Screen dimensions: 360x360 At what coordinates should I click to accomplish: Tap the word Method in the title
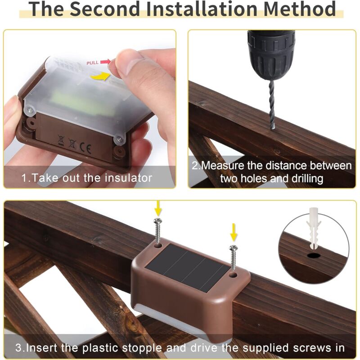tap(299, 9)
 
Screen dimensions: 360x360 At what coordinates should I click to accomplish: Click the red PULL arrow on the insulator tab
tap(105, 62)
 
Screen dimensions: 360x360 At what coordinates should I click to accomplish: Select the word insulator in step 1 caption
tap(125, 178)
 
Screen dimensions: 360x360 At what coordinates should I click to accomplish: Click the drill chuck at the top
tap(270, 54)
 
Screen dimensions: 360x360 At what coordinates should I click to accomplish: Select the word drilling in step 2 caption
tap(304, 179)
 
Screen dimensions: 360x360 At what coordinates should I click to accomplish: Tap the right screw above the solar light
tap(233, 256)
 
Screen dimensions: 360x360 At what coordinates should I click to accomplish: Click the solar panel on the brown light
tap(189, 268)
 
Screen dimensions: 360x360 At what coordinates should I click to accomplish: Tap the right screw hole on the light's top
tap(233, 273)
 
